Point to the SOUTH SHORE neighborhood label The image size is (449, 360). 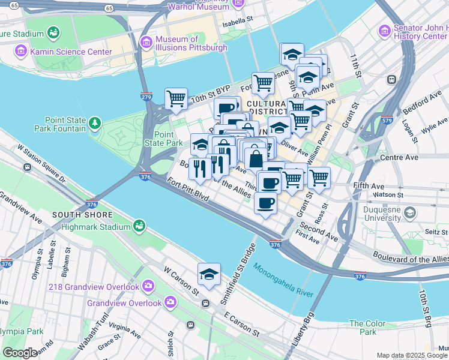[82, 215]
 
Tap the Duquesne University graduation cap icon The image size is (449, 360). [409, 213]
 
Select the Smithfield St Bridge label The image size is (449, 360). [247, 262]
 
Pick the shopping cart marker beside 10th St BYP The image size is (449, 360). [176, 99]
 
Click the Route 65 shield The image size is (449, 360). [107, 8]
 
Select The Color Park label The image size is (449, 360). [367, 328]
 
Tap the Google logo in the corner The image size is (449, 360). [19, 353]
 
